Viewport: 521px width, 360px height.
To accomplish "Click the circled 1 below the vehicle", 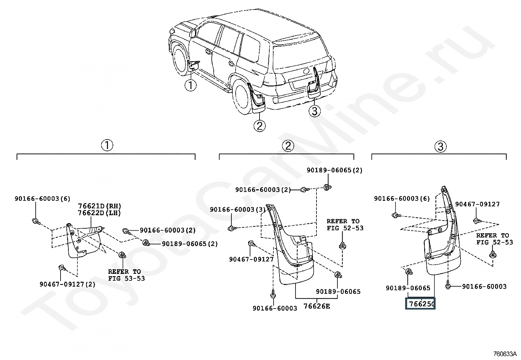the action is [190, 85].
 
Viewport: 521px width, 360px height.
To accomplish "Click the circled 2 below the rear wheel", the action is [260, 126].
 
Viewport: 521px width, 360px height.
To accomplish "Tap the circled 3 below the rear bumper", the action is [314, 111].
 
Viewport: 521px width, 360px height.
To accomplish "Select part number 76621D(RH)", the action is [99, 206].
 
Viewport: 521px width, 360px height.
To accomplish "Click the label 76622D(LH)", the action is [99, 213].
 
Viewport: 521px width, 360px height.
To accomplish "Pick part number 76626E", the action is [316, 306].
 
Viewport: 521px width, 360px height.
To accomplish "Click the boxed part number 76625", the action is [420, 304].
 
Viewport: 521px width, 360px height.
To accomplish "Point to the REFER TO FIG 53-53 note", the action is [127, 275].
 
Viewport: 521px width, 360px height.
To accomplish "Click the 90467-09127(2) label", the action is [67, 284].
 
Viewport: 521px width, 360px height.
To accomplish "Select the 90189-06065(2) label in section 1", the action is [190, 244].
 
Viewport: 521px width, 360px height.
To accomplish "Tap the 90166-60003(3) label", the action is [238, 210].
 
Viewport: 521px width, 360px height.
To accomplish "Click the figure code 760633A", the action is [505, 354].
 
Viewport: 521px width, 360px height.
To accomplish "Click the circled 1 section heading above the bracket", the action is [107, 145].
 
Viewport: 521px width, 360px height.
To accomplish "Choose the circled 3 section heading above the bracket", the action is [440, 147].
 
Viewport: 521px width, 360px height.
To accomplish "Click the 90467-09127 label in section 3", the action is [477, 204].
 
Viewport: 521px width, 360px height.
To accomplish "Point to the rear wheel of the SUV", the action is [243, 96].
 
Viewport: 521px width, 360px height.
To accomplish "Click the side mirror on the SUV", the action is [193, 33].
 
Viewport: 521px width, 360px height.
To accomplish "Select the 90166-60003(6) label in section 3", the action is [402, 199].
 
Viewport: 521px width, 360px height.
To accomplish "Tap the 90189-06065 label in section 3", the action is [408, 288].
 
